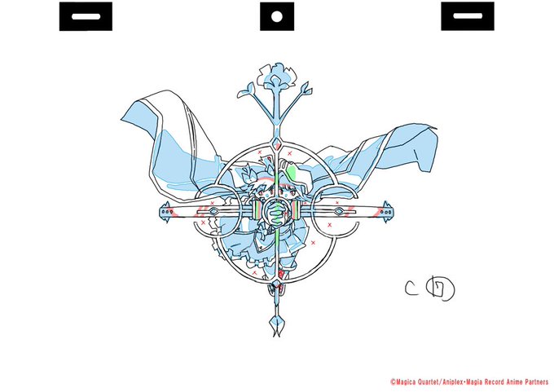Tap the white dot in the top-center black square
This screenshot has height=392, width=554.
(276, 16)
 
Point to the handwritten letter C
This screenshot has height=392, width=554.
(413, 286)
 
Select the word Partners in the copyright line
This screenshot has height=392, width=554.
(534, 381)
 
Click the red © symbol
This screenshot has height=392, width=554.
(393, 381)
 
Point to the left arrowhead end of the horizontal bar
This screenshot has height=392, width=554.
(165, 211)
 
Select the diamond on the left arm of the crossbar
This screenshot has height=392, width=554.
(213, 211)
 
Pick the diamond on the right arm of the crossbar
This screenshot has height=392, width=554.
(343, 211)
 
